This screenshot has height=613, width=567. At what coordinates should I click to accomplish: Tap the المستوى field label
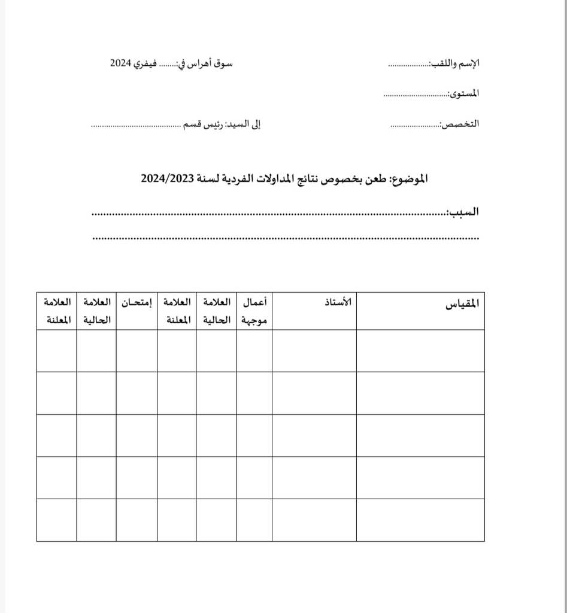click(x=465, y=93)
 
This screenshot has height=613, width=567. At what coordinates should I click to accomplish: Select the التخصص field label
click(x=460, y=124)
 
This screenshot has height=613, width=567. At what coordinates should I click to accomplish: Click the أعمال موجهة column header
click(x=255, y=311)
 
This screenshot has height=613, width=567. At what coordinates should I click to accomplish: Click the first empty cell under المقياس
click(x=420, y=350)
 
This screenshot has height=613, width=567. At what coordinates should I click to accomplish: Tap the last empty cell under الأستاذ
click(x=314, y=520)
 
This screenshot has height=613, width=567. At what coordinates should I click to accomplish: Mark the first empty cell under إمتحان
click(x=137, y=350)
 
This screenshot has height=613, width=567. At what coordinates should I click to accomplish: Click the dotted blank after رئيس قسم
click(x=135, y=126)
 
